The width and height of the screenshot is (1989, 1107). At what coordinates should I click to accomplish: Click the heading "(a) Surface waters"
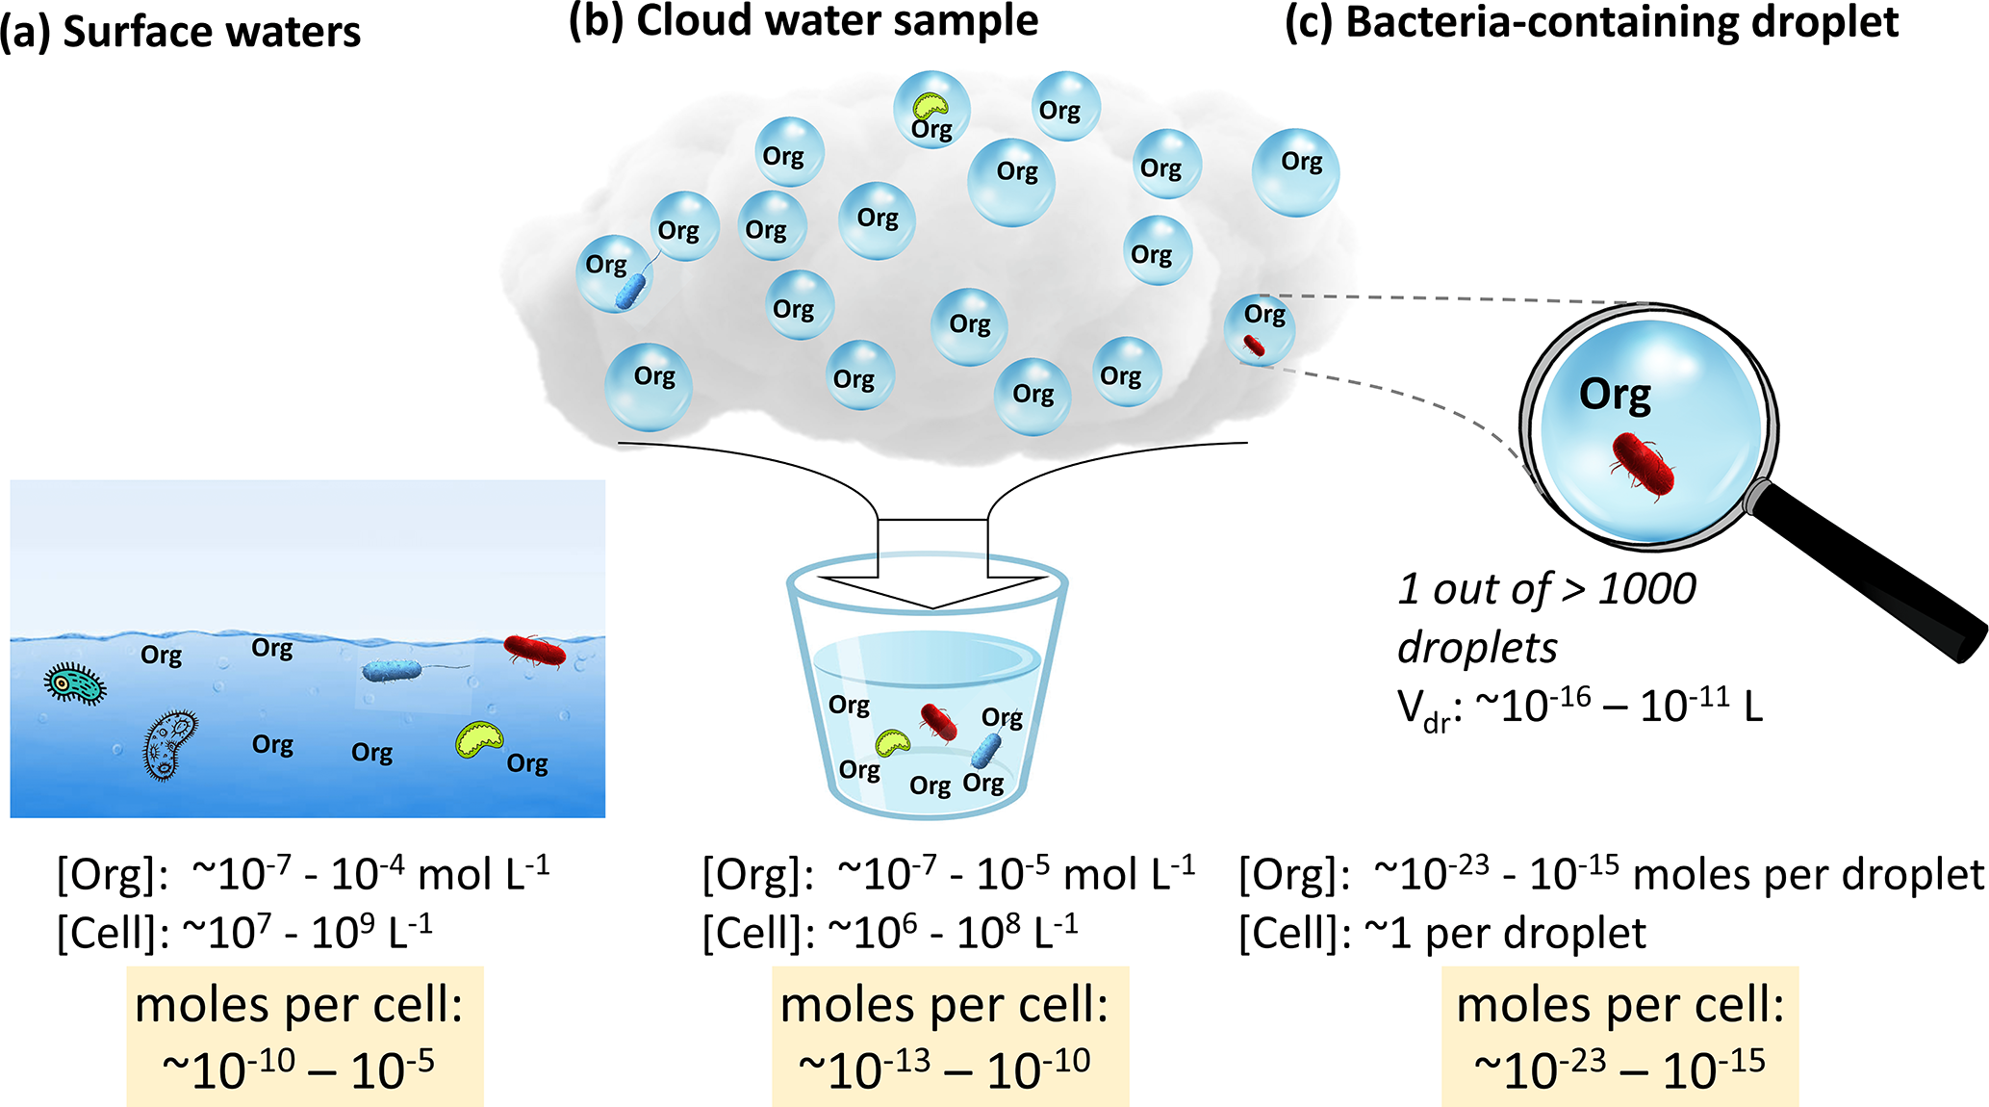coord(180,32)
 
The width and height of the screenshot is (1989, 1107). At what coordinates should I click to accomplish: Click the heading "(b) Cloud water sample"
coord(803,21)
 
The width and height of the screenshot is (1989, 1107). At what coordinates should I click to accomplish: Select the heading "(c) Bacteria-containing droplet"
coord(1592,23)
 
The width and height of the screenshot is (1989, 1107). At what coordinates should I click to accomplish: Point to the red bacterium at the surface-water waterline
coord(535,651)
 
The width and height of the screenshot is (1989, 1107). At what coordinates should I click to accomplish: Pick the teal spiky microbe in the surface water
coord(75,683)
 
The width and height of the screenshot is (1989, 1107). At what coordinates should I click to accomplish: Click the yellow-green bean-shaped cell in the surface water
coord(478,739)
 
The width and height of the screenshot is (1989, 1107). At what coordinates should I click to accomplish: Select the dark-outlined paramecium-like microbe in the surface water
coord(170,744)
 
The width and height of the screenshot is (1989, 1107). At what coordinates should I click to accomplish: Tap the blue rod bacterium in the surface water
coord(392,670)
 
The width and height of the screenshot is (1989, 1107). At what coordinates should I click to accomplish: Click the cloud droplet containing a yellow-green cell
coord(931,109)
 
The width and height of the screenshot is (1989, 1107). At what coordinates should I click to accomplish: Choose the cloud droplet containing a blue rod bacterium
coord(615,273)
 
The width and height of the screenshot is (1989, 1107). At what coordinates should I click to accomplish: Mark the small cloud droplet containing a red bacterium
coord(1260,330)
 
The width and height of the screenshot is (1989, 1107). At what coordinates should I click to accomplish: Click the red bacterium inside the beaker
coord(937,722)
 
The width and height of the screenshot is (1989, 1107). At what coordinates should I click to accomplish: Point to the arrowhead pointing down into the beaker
coord(931,591)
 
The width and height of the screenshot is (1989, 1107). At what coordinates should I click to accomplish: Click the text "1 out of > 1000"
coord(1546,589)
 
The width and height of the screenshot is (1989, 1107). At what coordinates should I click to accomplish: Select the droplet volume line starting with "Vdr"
coord(1579,708)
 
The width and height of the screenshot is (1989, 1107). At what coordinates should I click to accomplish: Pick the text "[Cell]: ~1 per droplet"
coord(1442,934)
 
